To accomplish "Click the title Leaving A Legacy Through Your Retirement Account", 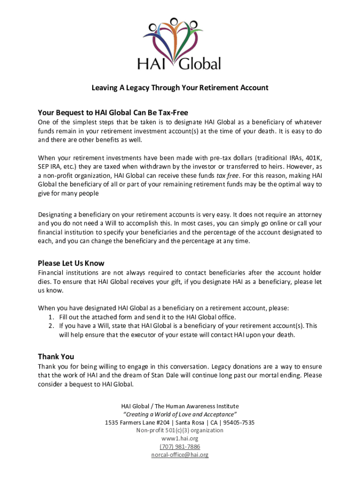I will pos(180,87).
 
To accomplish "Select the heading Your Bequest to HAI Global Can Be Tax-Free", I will pos(113,112).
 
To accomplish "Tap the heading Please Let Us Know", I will pos(71,263).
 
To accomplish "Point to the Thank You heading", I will pos(56,356).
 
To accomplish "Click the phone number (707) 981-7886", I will pos(180,447).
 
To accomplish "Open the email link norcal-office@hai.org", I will pos(180,455).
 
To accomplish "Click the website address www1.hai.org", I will pos(180,438).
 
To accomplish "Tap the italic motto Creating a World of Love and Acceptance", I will pos(180,414).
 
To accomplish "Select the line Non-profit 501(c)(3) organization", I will pos(180,430).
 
